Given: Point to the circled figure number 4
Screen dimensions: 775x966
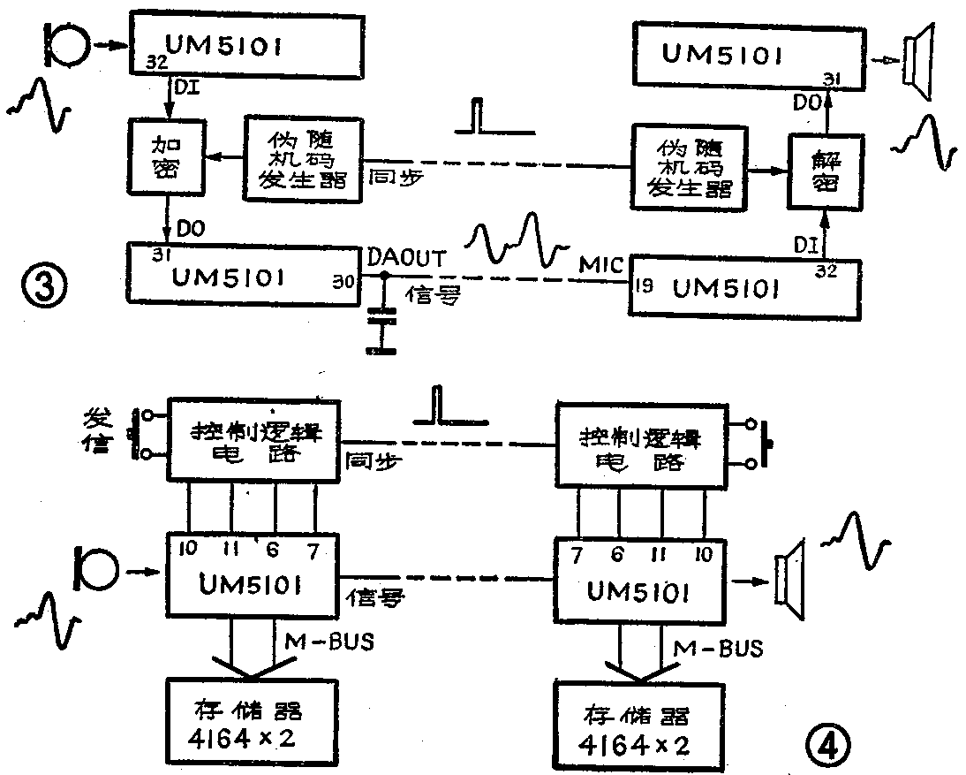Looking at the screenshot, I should (827, 746).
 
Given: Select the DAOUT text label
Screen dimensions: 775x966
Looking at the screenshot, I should (406, 257).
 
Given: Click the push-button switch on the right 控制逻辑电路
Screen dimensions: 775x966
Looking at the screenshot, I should (765, 444).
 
